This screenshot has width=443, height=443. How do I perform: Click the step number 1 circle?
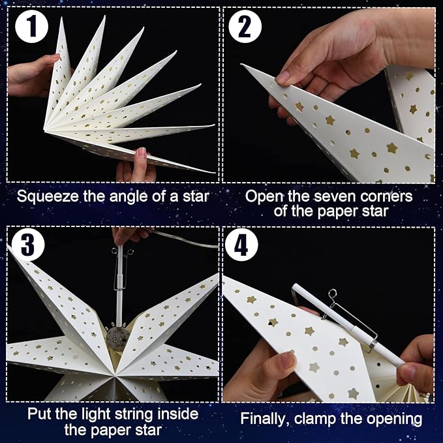(31, 26)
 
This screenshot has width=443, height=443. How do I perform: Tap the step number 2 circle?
(245, 26)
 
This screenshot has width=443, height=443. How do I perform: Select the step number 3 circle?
(27, 245)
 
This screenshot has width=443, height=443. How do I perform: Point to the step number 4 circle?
(241, 245)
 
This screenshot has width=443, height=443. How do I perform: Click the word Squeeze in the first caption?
(48, 196)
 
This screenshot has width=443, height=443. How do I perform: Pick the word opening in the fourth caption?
(395, 420)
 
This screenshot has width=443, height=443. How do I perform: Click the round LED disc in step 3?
(116, 339)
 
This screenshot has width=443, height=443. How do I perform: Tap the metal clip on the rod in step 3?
(120, 270)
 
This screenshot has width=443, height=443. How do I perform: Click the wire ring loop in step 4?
(333, 293)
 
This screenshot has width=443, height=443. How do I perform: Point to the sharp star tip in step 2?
(241, 65)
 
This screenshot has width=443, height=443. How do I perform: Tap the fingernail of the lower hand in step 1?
(142, 153)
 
